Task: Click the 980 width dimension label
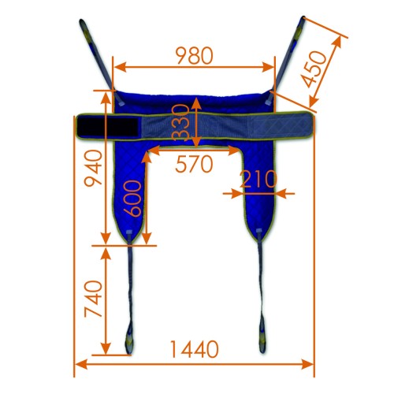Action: (x=194, y=56)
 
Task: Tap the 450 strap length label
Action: (x=314, y=69)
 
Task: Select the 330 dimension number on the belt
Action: (x=180, y=122)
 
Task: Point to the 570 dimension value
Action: (x=194, y=164)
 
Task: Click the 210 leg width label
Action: (x=258, y=179)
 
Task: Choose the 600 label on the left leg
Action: (x=132, y=199)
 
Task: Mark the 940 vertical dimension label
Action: (x=93, y=168)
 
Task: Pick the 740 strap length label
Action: (x=93, y=299)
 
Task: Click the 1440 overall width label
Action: (x=194, y=349)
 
